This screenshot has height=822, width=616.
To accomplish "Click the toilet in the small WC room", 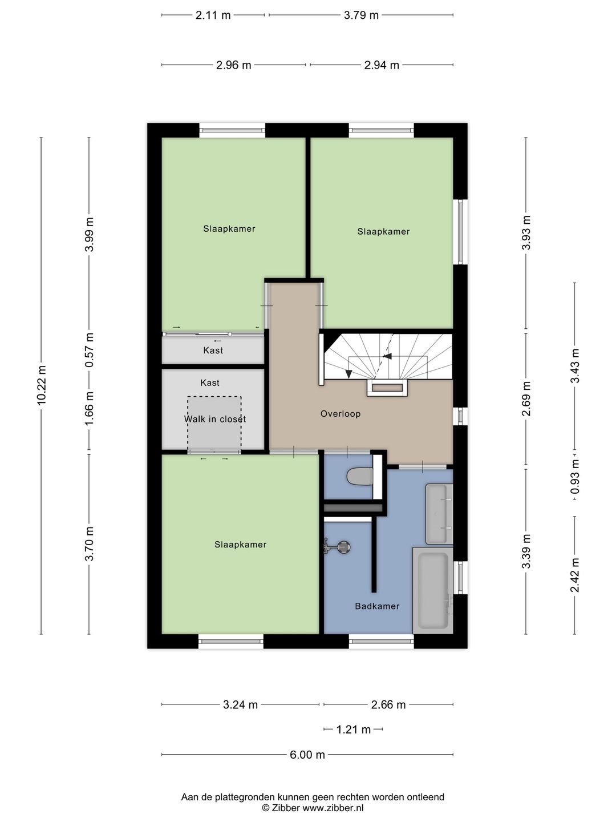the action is tap(360, 477).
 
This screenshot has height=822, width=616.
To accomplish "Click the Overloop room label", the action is tap(341, 414).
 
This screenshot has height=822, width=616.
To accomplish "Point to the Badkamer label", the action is tap(377, 606).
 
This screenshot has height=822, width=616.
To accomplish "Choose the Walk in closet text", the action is tap(214, 419).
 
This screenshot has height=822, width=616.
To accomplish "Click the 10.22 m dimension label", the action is tap(42, 385).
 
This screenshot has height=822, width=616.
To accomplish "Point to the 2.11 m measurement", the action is tap(213, 15).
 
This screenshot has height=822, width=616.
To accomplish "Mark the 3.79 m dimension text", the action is tap(361, 15).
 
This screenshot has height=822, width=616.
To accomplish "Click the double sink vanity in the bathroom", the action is tap(439, 514).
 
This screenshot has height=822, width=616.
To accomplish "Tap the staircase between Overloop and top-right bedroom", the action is tap(388, 357).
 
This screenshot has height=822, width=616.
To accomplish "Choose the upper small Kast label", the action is tap(213, 350).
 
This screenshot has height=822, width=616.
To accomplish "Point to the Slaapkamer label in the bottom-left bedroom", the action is tap(240, 545).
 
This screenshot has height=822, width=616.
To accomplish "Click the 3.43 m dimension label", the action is tap(576, 366).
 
